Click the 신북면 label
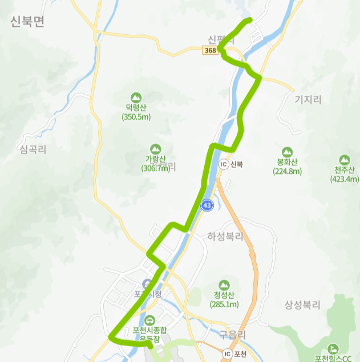click(x=27, y=22)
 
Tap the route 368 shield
click(x=210, y=51)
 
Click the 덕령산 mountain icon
click(x=136, y=97)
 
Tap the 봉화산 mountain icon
click(x=287, y=152)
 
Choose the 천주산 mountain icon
click(x=344, y=160)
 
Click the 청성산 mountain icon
click(x=224, y=284)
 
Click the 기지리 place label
click(x=308, y=100)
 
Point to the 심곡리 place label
click(x=33, y=150)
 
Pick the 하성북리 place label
click(x=225, y=236)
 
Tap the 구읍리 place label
click(x=232, y=335)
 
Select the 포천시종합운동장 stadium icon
click(x=149, y=320)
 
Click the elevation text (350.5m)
click(x=136, y=117)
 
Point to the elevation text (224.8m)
click(x=287, y=171)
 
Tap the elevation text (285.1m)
click(x=224, y=304)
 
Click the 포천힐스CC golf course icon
click(x=333, y=348)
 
